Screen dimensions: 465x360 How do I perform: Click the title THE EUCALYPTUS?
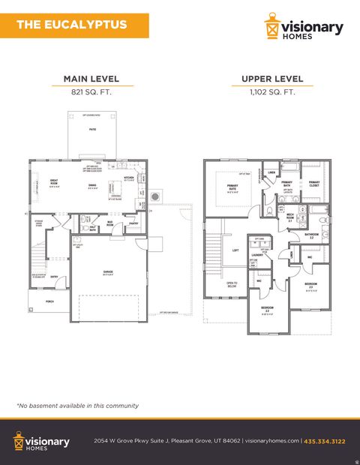coord(71,25)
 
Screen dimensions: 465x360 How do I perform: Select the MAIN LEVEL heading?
coord(92,79)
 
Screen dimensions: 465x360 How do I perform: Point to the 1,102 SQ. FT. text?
coord(272,93)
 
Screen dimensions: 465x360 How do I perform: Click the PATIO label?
coord(93,130)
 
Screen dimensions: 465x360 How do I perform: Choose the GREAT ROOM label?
coord(55,182)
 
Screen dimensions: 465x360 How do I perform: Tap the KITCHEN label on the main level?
coord(128,179)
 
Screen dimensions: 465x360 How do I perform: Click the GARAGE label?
coord(108,272)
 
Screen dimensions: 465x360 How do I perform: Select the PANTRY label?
coord(133,223)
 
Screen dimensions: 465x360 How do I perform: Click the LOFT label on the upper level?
coord(235,250)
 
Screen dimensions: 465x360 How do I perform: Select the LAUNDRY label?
coord(257,255)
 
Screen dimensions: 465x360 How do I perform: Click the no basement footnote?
coord(78,405)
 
